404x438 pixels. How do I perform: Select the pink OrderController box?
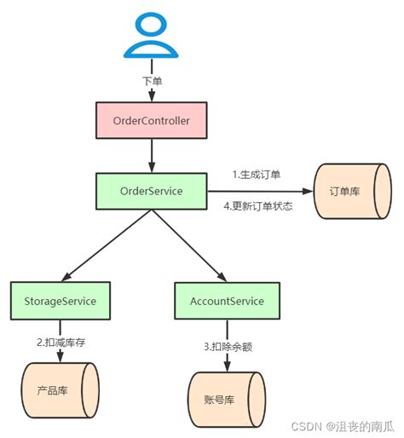tap(151, 120)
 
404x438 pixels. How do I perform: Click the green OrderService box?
tap(151, 190)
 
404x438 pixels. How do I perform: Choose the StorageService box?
tap(60, 301)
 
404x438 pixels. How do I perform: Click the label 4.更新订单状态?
tap(257, 206)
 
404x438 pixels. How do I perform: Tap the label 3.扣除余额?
tap(226, 346)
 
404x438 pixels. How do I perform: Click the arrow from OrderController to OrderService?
tap(151, 155)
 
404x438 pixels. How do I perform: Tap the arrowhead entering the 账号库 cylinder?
tap(226, 367)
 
